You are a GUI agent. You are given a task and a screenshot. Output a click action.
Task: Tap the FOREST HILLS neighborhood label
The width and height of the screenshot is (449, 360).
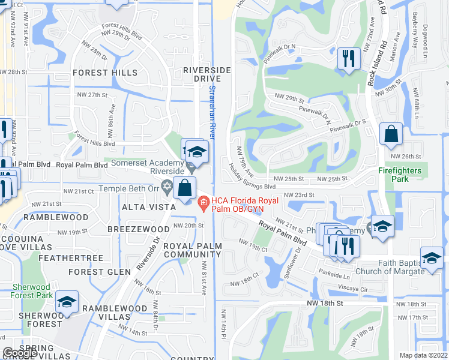[105, 73]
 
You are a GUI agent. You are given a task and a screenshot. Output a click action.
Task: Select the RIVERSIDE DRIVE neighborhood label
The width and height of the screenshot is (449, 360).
[207, 75]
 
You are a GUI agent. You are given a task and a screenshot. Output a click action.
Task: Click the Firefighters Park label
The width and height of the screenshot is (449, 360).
[402, 175]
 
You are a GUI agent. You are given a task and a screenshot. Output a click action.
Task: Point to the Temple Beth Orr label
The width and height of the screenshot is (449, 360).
[129, 188]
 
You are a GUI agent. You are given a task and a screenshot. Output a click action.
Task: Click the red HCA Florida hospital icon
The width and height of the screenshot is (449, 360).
[203, 203]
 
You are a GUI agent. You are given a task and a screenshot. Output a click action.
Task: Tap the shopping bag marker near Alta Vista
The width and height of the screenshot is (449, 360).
[184, 188]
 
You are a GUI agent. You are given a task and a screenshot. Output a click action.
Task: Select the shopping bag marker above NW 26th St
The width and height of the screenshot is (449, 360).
[391, 136]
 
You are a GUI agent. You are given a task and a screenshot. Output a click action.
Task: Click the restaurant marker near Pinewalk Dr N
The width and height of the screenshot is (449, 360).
[348, 59]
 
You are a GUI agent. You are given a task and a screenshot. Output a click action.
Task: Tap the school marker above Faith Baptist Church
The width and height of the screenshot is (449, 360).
[431, 258]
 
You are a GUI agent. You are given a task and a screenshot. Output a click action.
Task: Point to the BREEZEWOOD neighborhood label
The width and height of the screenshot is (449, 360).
[139, 229]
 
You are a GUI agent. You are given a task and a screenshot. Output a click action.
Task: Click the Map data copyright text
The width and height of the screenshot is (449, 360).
[424, 355]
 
